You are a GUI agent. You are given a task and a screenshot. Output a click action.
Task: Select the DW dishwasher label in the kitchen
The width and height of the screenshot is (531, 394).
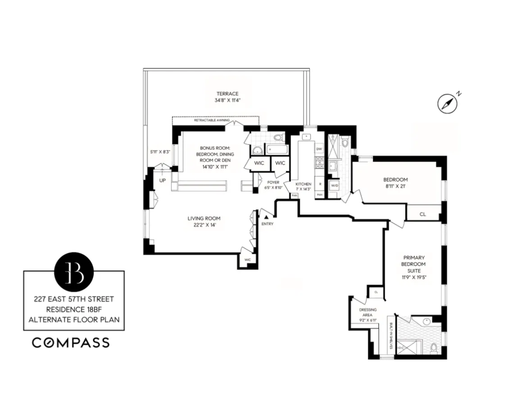(319, 149)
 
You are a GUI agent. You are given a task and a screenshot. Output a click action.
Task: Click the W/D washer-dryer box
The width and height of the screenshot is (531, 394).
(335, 185)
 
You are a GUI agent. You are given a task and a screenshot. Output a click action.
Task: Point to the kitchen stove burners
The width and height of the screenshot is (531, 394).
(319, 162)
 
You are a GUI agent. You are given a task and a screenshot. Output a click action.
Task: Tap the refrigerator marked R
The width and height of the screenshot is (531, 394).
(319, 184)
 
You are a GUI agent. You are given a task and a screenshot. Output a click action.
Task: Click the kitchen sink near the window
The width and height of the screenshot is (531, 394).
(307, 136)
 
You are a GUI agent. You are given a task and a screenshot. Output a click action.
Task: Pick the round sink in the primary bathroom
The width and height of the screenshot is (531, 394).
(427, 322)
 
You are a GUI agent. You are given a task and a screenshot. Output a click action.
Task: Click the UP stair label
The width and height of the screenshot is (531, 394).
(162, 180)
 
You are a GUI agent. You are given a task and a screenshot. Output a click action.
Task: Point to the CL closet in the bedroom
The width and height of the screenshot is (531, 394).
(422, 214)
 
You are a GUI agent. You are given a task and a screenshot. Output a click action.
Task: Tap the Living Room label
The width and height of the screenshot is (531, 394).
(204, 219)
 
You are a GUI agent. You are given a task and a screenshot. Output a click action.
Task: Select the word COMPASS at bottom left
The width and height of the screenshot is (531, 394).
(70, 343)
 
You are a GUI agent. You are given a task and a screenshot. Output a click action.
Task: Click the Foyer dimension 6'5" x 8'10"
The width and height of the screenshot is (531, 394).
(272, 188)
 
